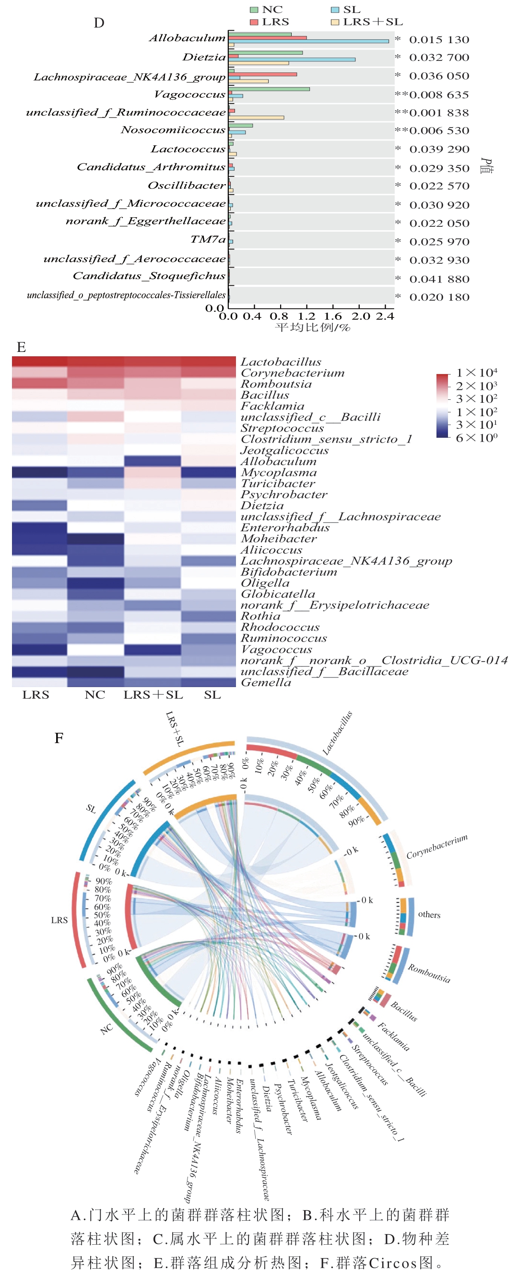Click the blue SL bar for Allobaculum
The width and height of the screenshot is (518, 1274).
(x=309, y=42)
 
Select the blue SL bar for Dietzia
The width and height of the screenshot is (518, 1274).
(x=292, y=59)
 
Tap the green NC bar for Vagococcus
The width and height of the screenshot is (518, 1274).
(x=269, y=89)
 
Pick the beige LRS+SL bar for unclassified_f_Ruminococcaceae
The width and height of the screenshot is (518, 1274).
(x=256, y=117)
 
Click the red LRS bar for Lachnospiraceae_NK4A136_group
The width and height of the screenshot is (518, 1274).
(x=263, y=75)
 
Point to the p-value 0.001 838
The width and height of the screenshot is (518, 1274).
(x=439, y=113)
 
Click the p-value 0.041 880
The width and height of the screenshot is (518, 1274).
(x=439, y=279)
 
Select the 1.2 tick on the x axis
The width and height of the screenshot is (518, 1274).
(x=307, y=316)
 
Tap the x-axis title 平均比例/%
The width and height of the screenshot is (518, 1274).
(x=313, y=327)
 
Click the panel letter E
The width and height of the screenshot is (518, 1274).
(x=21, y=347)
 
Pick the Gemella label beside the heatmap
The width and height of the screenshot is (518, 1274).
(x=266, y=682)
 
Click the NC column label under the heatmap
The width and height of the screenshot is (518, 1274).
(x=94, y=695)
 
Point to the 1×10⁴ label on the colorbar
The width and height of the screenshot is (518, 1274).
(x=476, y=373)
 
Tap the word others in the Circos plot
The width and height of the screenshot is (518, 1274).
(x=429, y=914)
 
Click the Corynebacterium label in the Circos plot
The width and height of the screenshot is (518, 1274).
(x=437, y=847)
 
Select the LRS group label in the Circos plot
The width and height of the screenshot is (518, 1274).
(x=59, y=920)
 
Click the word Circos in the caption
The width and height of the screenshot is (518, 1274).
(x=393, y=1262)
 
